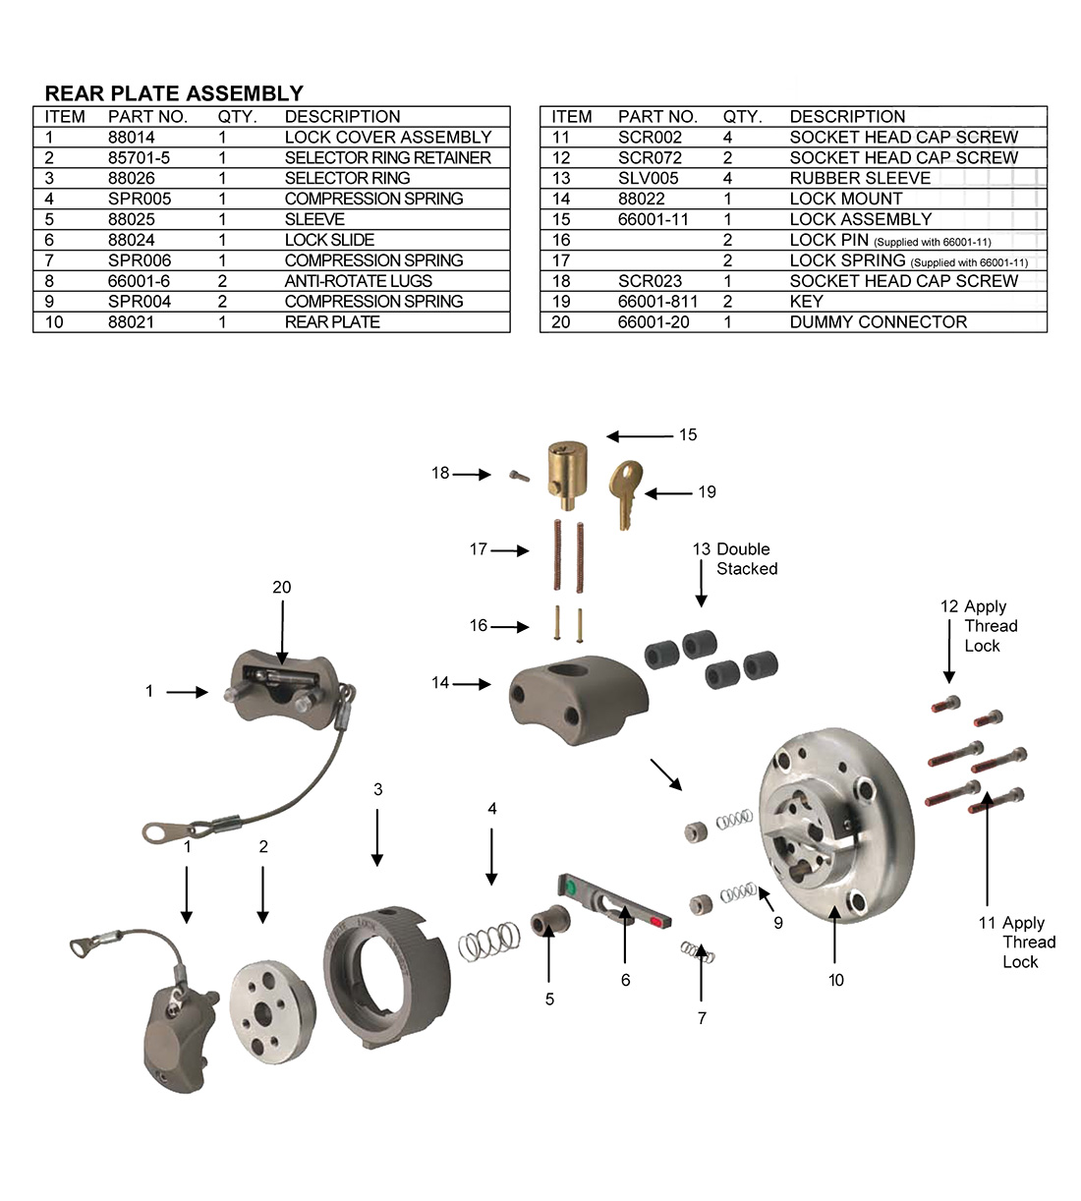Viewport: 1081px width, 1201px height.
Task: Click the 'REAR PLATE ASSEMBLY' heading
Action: (174, 93)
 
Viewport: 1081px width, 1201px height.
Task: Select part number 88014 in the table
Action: (131, 138)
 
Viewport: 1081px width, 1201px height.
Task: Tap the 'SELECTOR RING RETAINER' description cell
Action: (387, 158)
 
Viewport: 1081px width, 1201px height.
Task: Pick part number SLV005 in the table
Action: (648, 178)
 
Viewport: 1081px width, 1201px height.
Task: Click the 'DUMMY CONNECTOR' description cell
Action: (878, 322)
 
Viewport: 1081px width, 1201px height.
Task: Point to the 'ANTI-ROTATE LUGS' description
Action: (358, 281)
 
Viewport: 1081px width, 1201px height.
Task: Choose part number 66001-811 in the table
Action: (657, 302)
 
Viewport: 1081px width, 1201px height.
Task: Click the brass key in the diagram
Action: (625, 492)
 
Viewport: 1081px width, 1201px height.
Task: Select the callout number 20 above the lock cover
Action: (282, 588)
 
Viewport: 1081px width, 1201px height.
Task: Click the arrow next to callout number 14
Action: (472, 683)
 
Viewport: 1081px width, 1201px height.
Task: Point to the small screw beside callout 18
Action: (518, 477)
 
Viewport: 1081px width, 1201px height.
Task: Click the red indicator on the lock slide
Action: (656, 922)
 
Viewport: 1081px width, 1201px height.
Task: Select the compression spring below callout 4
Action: (488, 942)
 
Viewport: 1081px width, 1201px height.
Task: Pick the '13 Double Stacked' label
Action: (735, 559)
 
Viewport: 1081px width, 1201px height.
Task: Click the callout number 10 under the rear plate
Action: (835, 980)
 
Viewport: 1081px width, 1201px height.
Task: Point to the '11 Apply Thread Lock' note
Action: (1017, 942)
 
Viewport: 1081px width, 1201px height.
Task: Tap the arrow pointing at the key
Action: (668, 493)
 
